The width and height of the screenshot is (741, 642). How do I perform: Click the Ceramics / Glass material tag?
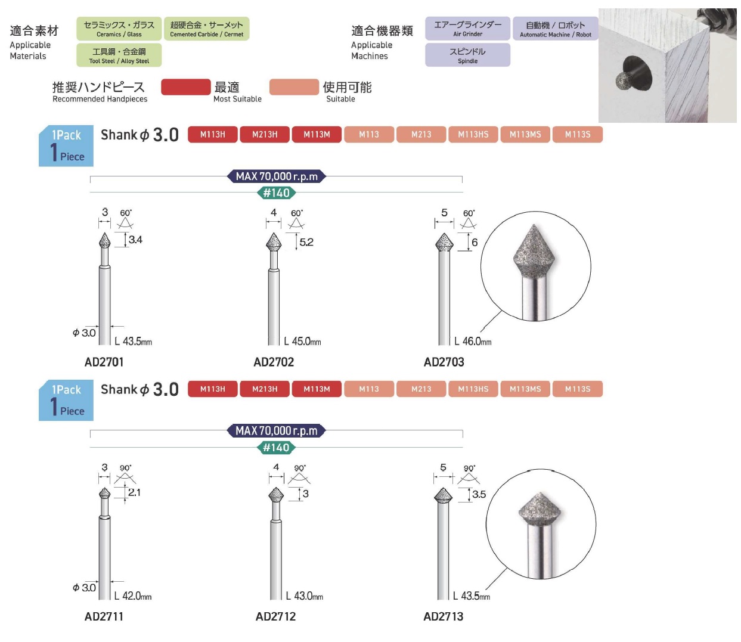119,29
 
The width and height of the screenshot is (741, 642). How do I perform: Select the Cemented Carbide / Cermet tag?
206,29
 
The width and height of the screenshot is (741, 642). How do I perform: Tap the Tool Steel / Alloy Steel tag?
119,55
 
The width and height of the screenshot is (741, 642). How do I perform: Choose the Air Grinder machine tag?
467,29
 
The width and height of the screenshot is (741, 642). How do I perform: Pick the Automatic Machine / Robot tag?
555,29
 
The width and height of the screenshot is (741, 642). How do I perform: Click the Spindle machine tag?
467,55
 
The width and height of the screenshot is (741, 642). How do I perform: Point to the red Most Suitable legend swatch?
185,87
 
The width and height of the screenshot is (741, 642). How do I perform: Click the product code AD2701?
104,362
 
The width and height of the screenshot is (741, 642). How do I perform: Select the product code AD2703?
444,362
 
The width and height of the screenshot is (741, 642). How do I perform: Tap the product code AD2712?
275,616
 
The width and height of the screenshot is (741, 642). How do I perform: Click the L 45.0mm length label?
302,342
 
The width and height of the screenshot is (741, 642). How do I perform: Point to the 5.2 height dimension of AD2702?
306,242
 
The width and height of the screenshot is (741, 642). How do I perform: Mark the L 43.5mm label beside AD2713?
471,596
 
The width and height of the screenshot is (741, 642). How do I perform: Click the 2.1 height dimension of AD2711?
134,492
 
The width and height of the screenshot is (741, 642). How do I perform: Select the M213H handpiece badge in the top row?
265,135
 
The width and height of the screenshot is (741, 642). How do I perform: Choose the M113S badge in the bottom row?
578,389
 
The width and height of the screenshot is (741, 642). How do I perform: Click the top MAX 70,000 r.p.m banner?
277,176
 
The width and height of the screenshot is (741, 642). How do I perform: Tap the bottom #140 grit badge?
276,448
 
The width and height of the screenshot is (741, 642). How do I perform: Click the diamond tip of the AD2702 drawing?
274,243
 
